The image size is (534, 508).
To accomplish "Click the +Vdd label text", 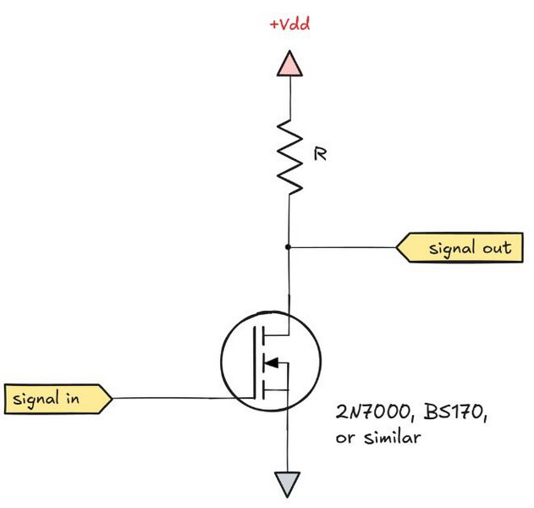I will coord(289,25).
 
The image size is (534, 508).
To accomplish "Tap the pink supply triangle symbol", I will coord(289,63).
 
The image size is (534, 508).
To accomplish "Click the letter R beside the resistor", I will coord(321,155).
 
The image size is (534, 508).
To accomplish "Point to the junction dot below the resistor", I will coord(289,247).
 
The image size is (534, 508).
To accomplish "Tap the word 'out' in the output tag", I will coord(494,248).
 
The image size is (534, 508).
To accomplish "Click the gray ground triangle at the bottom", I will coord(289,483).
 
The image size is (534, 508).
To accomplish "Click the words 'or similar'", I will coord(377,439).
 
